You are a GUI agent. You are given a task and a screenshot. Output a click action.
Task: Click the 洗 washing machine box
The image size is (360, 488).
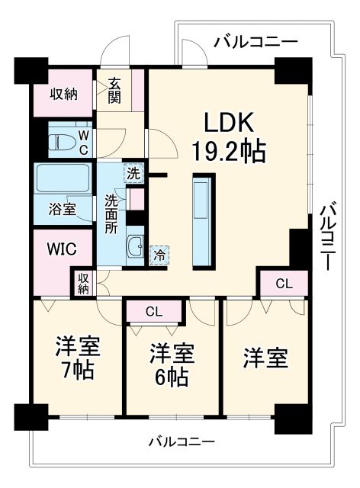click(x=133, y=173)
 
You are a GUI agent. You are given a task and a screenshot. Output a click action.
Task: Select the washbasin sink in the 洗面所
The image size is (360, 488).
click(x=136, y=248)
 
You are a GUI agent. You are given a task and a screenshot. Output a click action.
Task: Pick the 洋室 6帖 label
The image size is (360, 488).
click(x=171, y=365)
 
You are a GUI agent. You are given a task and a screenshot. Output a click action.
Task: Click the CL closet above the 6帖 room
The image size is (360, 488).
click(x=155, y=311)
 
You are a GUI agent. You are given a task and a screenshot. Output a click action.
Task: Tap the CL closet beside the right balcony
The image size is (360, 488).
click(x=284, y=284)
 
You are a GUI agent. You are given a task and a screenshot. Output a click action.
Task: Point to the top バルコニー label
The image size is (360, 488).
click(x=256, y=42)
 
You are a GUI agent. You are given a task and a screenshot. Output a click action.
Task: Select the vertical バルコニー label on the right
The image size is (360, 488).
click(x=327, y=236)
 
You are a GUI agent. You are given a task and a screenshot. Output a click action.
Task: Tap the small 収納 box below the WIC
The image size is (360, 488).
click(x=82, y=282)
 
